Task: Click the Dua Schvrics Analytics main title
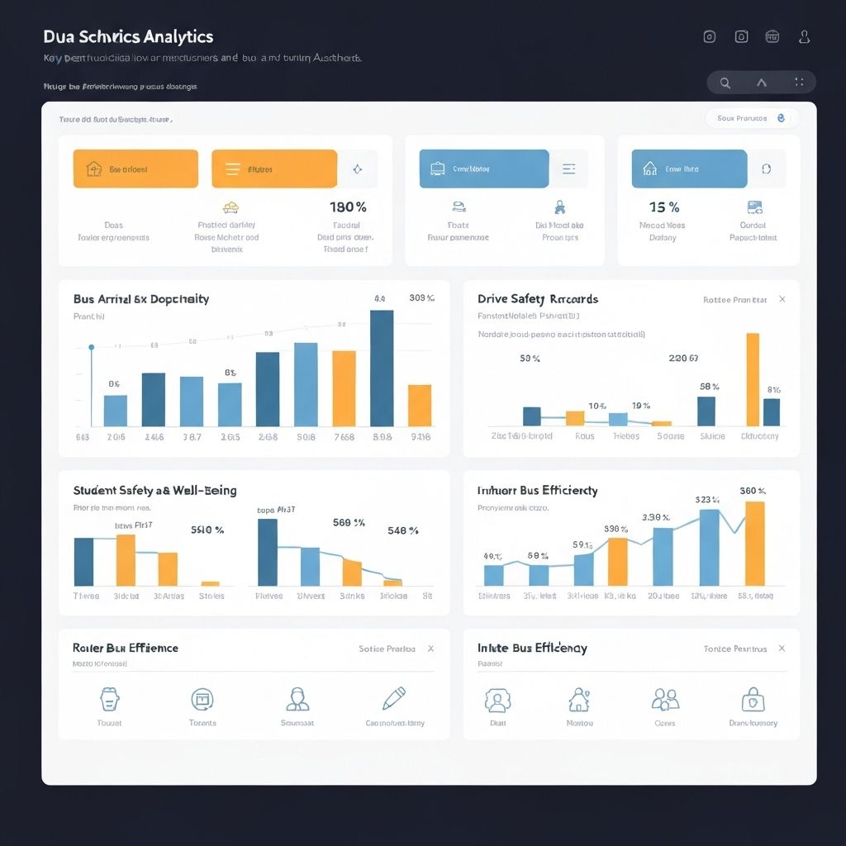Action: click(128, 36)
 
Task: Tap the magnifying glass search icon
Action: click(725, 83)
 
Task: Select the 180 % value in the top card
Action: click(348, 207)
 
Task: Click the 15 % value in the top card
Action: click(664, 207)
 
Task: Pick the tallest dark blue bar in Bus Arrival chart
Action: click(382, 368)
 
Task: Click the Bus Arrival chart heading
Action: click(141, 299)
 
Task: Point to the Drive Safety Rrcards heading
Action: click(538, 299)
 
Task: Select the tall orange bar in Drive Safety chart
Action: click(753, 379)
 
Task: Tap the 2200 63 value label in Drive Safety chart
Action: click(683, 359)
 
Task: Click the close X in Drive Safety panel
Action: click(782, 299)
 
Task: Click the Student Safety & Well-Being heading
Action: click(154, 490)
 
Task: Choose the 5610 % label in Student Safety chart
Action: click(207, 530)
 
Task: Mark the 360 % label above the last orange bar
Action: click(753, 491)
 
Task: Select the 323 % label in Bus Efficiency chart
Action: click(708, 500)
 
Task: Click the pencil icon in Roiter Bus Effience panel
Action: click(394, 699)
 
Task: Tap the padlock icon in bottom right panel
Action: click(753, 701)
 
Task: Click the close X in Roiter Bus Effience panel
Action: click(430, 649)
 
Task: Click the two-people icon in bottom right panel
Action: click(665, 700)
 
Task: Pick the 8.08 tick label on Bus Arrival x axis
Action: click(382, 437)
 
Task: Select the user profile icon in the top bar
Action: click(804, 36)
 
